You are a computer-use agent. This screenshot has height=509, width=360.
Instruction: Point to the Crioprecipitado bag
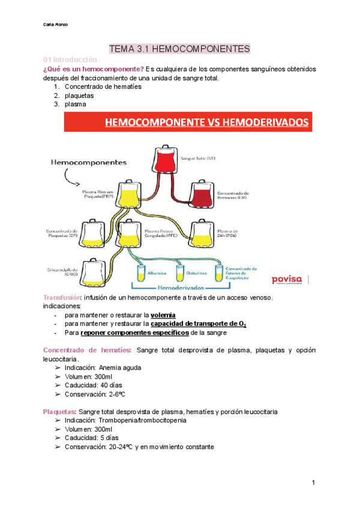click(x=92, y=270)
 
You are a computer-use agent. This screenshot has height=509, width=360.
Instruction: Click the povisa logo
click(x=287, y=279)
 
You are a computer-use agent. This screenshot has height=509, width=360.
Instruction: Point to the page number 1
click(x=313, y=483)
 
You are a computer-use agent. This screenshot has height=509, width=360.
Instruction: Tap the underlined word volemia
click(x=163, y=315)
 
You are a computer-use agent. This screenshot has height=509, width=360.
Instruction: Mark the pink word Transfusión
click(x=62, y=298)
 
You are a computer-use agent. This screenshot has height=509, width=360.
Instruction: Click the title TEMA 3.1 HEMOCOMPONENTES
click(x=179, y=48)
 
